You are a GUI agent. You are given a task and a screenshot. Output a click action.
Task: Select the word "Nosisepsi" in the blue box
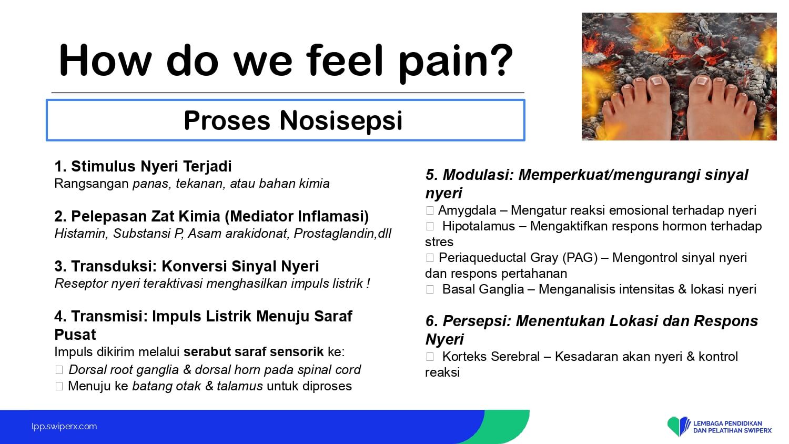pyautogui.click(x=341, y=120)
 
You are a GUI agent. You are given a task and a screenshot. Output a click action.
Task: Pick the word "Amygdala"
pyautogui.click(x=467, y=210)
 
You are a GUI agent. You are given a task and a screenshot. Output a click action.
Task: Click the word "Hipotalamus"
pyautogui.click(x=479, y=226)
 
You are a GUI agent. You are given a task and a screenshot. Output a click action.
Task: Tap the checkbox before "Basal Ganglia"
pyautogui.click(x=430, y=289)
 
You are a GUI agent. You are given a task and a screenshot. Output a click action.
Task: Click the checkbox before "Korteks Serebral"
pyautogui.click(x=430, y=357)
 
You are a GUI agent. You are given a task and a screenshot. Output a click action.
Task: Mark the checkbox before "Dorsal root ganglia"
pyautogui.click(x=59, y=370)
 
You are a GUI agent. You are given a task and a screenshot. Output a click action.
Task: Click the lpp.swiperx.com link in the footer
pyautogui.click(x=64, y=427)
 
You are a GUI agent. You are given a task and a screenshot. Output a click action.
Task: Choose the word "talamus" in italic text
pyautogui.click(x=239, y=386)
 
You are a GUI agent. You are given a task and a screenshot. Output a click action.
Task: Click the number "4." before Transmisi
pyautogui.click(x=60, y=317)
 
